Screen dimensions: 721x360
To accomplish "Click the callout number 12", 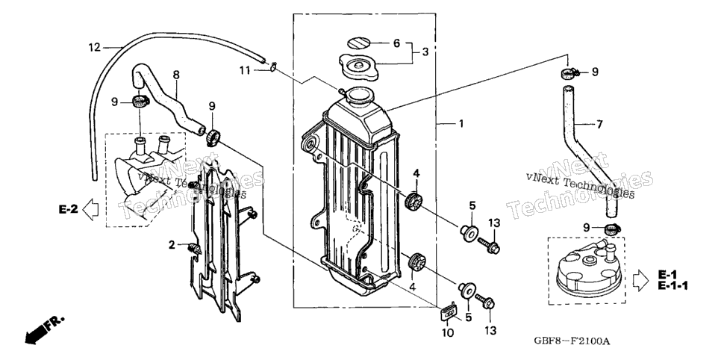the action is [x=94, y=47].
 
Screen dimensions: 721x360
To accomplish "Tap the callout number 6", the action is [x=396, y=44].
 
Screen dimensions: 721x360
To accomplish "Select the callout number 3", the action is [x=425, y=52].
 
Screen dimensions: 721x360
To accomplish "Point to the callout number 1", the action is [x=461, y=124].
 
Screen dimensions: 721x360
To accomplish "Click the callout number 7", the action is [x=599, y=124].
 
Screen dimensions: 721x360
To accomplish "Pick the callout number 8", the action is [x=176, y=75].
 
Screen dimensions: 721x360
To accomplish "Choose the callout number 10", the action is [x=448, y=332].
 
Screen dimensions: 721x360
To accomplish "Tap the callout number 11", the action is [x=245, y=70].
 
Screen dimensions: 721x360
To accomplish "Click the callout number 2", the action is [x=172, y=245].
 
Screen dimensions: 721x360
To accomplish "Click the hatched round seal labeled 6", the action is [x=358, y=43].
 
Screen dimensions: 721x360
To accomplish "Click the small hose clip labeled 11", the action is [x=273, y=67].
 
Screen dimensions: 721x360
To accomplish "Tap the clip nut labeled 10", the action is [x=449, y=311].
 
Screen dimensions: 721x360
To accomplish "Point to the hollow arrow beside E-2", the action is [x=90, y=209].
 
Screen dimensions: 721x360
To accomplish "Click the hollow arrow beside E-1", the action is [x=641, y=281].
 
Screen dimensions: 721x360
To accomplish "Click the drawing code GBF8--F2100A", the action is [x=572, y=341].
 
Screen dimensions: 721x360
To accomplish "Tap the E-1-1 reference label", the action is [x=672, y=286].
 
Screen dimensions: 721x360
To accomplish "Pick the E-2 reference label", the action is [x=69, y=209].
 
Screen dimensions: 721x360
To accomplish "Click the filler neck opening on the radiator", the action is [x=359, y=96].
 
